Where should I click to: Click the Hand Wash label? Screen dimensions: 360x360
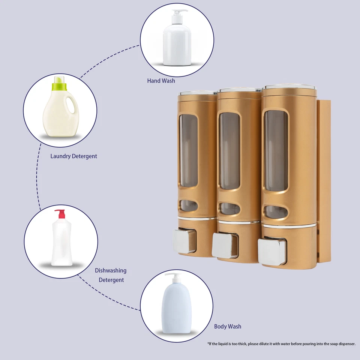pos(161,81)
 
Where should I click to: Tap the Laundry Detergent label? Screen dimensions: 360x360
pos(73,156)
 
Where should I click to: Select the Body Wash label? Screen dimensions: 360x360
pos(228,326)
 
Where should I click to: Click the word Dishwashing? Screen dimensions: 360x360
pos(111,270)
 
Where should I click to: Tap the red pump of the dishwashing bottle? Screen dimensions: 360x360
pos(60,214)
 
